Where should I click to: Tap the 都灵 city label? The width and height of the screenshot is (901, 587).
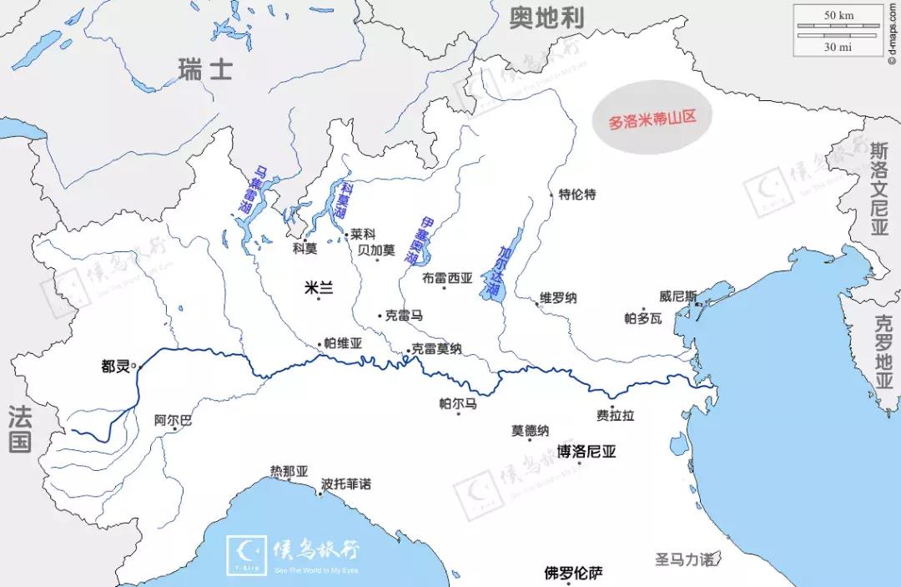(116, 366)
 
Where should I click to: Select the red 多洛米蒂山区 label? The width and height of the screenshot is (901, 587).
(652, 119)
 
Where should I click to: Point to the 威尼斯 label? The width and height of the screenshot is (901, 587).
(676, 296)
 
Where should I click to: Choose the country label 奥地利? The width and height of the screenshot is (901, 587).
(546, 17)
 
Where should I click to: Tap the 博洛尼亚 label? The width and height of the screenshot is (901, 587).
(586, 452)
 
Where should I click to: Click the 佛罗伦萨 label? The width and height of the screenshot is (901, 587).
(573, 574)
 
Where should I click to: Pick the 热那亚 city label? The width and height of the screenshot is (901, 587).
(289, 472)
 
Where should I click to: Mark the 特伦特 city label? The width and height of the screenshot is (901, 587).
(577, 195)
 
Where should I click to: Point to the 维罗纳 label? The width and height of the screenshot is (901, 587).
(558, 298)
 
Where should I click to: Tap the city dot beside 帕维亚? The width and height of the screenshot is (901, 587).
(319, 343)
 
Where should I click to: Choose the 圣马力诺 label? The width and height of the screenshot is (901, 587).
(684, 559)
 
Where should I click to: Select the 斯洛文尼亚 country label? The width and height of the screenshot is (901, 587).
(879, 188)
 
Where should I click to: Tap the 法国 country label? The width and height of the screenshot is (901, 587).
(20, 428)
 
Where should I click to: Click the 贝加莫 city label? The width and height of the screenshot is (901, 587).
(376, 249)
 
